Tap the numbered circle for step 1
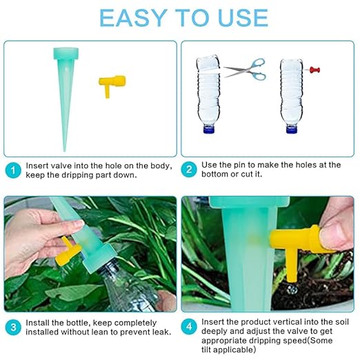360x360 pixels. click(12, 169)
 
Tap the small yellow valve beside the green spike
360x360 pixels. click(108, 85)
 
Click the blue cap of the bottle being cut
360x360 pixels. click(207, 128)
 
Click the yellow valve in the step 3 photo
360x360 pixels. click(65, 252)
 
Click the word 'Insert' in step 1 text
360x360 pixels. click(37, 166)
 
